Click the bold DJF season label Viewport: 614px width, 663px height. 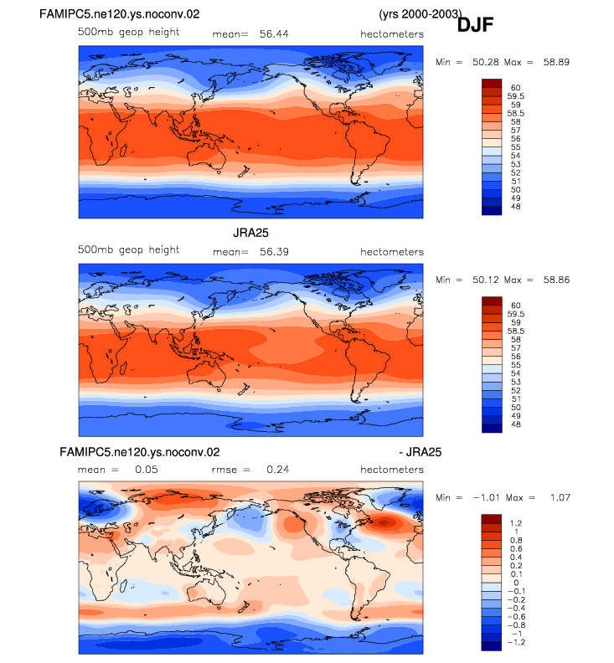(475, 25)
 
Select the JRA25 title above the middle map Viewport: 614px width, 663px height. (250, 233)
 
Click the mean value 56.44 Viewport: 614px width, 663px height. (274, 33)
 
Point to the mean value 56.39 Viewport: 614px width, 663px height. (274, 252)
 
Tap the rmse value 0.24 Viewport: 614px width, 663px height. (278, 470)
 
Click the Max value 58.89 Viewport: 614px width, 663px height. (556, 62)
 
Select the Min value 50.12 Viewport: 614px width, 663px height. (486, 280)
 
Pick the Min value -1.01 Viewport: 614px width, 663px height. (486, 498)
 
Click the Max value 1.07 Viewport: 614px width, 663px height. (560, 498)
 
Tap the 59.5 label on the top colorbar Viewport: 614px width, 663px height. (516, 96)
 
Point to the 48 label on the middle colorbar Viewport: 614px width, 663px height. (516, 424)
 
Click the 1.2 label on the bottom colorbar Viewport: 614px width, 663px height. (516, 523)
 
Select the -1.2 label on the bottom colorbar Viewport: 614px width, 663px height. (516, 642)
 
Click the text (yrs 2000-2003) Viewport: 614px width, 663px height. (421, 14)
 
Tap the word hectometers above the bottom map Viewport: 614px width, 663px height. (392, 470)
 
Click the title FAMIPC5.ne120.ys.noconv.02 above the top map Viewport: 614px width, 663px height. (119, 14)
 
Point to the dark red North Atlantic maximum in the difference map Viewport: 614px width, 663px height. (384, 523)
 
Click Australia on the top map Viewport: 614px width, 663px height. (206, 156)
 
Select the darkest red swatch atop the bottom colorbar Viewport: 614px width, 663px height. (492, 519)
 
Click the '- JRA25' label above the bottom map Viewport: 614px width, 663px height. (421, 452)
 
